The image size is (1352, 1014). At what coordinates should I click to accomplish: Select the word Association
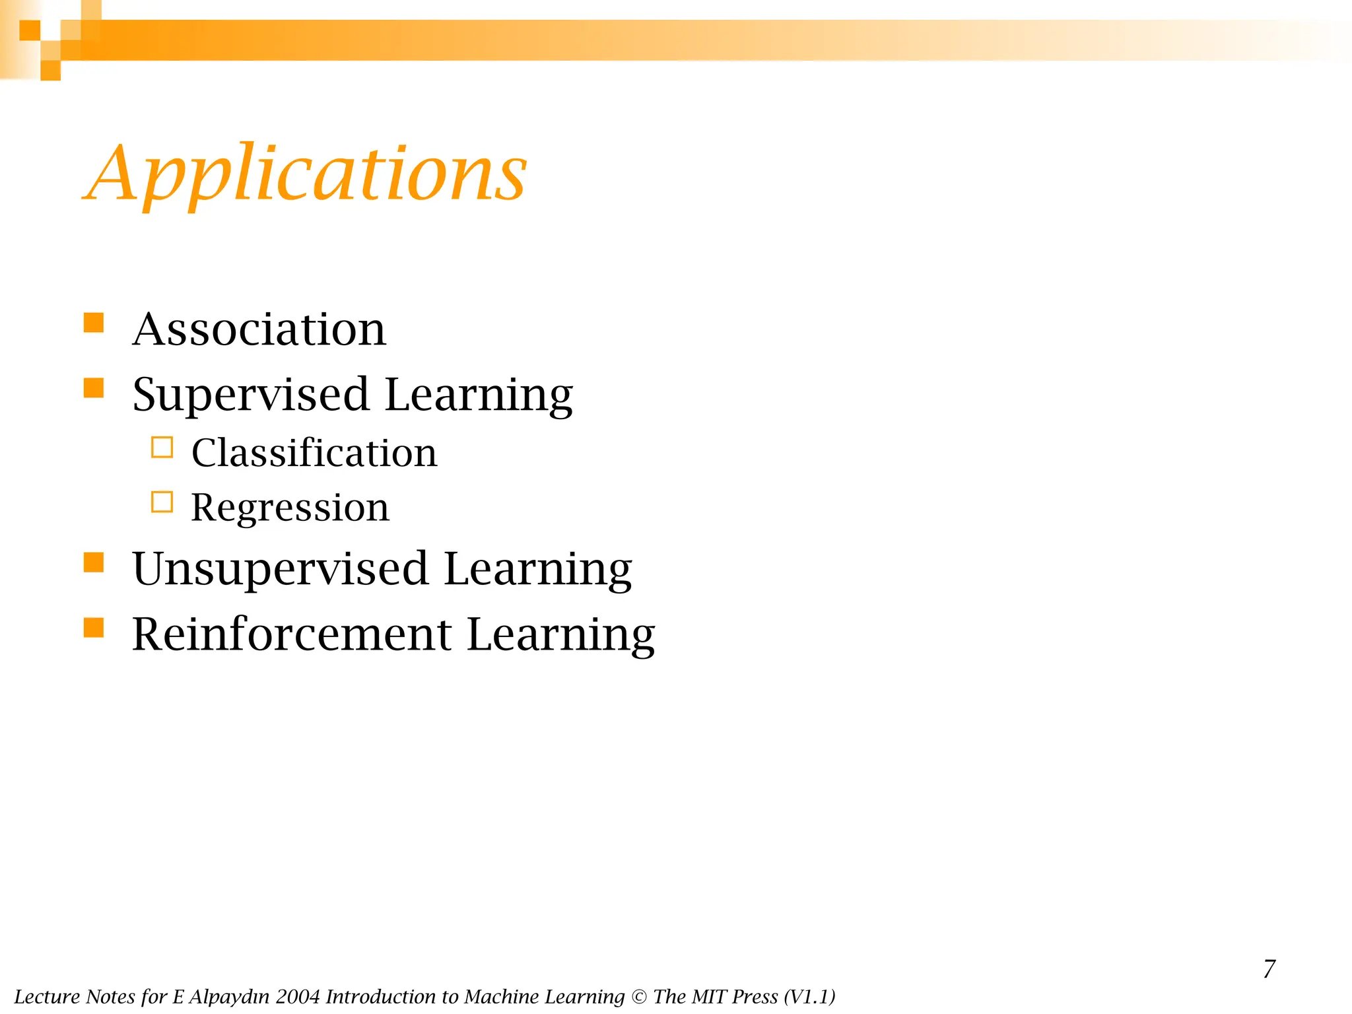(259, 329)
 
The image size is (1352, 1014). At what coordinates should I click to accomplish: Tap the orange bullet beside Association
(94, 323)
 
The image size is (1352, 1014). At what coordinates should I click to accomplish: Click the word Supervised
(250, 394)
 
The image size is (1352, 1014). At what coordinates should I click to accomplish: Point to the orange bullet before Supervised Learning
(94, 388)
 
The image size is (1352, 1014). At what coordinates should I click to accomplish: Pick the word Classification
(314, 453)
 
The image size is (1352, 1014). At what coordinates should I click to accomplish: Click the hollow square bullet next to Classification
(162, 448)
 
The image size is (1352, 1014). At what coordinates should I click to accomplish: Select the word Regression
(290, 507)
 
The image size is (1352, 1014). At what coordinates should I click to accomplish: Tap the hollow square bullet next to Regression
(162, 502)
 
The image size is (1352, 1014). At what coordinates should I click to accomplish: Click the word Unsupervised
(280, 568)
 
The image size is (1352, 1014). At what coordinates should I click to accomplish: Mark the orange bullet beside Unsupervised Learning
(94, 562)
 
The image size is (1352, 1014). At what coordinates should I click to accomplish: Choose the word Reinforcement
(292, 634)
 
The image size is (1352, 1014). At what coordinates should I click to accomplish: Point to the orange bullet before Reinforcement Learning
(94, 627)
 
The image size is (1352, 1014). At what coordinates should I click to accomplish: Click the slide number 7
(1269, 969)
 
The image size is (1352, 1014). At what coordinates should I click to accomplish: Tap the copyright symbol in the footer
(639, 997)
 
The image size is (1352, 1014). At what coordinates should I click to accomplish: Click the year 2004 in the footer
(298, 997)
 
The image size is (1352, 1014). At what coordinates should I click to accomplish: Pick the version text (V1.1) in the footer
(809, 997)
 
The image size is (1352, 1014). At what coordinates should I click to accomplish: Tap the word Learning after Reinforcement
(560, 634)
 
